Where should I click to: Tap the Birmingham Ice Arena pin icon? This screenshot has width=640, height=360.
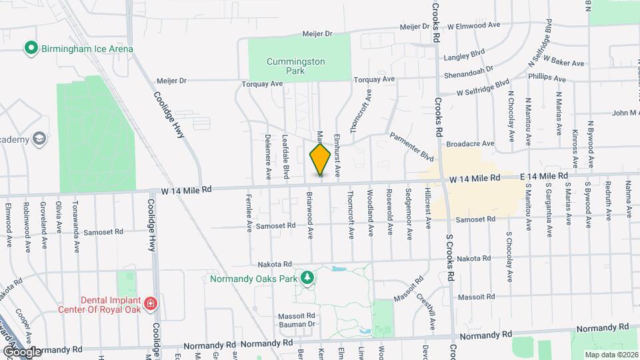(30, 48)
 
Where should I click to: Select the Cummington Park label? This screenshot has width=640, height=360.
(295, 65)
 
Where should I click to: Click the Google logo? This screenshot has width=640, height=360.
(21, 351)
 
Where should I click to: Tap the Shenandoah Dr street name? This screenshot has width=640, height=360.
(470, 69)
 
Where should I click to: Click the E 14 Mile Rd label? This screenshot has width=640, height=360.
(543, 176)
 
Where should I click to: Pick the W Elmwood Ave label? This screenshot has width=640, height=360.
(473, 25)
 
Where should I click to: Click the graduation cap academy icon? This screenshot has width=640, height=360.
(39, 139)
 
